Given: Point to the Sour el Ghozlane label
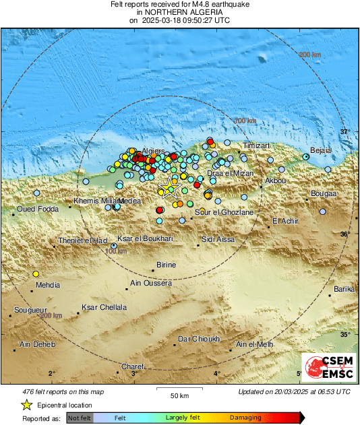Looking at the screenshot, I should click(x=224, y=212).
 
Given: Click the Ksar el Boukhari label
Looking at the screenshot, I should click(x=145, y=238).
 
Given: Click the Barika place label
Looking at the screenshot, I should click(x=344, y=289).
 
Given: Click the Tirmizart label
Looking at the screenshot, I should click(x=256, y=145).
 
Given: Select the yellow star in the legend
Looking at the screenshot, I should click(x=26, y=405).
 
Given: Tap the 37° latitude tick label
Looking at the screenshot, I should click(x=344, y=131).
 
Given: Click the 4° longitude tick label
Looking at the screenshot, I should click(x=217, y=373).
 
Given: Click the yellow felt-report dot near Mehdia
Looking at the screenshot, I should click(x=36, y=273).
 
